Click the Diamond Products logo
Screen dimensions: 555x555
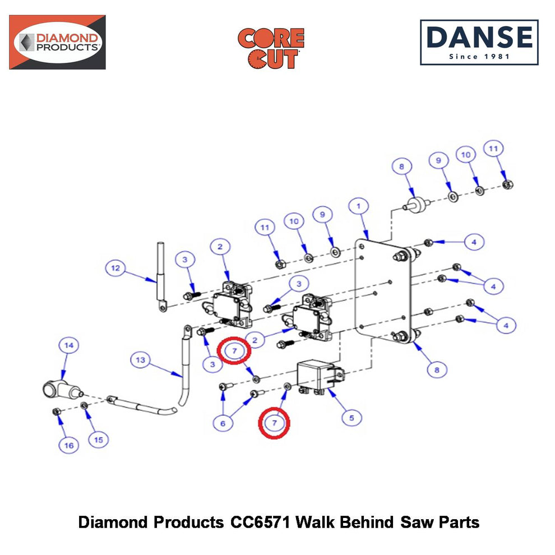point(57,42)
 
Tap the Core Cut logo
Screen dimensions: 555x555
point(271,48)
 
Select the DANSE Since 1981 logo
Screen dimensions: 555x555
point(479,43)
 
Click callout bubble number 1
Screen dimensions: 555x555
point(359,206)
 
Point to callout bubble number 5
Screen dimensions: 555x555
point(351,418)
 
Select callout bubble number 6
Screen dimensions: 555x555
point(223,423)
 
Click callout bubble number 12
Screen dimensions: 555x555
point(115,268)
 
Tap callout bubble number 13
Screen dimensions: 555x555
point(141,360)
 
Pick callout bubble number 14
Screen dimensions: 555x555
point(68,345)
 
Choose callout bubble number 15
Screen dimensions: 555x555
point(99,440)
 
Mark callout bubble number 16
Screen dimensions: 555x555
point(68,445)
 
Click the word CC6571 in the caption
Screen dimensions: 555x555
point(260,522)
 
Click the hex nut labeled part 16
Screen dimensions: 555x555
point(56,411)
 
